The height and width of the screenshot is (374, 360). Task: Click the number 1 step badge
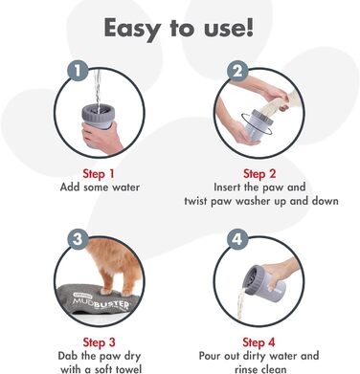[78, 71]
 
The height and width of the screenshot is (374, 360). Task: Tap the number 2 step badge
[237, 71]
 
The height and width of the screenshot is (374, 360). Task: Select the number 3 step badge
[78, 239]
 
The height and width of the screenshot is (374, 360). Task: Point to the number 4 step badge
[237, 239]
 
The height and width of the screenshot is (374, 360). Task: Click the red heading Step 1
[99, 174]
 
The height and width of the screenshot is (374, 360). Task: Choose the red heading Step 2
[259, 174]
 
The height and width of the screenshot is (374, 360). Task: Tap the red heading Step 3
[99, 342]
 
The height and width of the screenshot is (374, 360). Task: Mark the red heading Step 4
[259, 342]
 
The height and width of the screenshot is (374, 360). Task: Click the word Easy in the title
[131, 29]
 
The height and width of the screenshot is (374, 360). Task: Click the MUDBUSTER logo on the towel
[101, 303]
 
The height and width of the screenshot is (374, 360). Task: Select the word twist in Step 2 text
[196, 201]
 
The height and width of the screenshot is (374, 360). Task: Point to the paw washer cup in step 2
[257, 124]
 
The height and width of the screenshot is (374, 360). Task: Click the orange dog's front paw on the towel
[105, 291]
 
